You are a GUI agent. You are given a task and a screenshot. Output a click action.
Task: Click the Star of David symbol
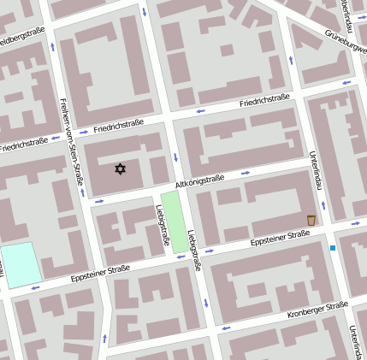point(120,169)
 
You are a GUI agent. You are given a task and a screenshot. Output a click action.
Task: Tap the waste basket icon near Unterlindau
point(311,221)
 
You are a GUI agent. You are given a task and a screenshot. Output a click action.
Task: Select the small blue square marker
point(333,248)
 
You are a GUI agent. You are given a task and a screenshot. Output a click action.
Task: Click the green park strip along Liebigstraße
point(175,221)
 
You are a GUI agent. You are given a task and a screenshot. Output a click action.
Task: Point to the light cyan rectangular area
point(21,264)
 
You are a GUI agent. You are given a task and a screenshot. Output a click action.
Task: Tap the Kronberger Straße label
point(317,308)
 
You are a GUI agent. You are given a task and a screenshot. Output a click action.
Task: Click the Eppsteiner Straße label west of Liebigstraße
point(100,273)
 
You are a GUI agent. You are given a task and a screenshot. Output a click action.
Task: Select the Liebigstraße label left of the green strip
point(162,225)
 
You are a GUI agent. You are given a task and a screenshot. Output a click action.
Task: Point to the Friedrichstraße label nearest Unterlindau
point(267,102)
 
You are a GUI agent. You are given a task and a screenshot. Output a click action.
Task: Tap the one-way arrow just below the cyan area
point(35,287)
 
